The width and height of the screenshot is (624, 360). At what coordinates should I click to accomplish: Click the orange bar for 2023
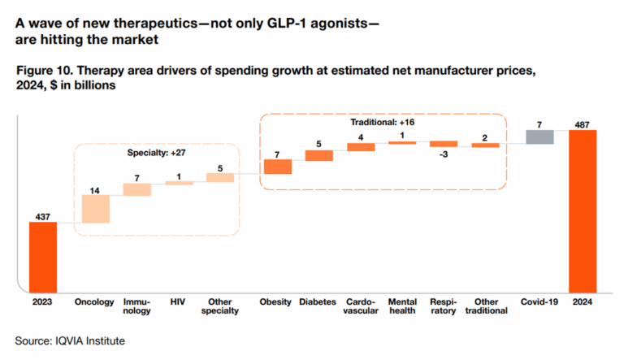43,256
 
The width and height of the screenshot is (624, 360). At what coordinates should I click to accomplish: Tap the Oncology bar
95,209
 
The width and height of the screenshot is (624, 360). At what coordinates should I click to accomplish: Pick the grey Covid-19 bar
539,137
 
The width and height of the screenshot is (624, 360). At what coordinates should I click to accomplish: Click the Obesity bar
277,167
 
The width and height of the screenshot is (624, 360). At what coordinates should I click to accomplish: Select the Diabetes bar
318,155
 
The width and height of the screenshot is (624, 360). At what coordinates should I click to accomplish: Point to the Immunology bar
136,189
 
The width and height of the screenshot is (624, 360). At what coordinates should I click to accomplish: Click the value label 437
43,216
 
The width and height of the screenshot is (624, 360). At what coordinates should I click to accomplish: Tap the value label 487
583,124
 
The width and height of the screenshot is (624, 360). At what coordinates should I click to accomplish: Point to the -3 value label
444,153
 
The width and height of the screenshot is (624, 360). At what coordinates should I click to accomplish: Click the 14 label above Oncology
95,190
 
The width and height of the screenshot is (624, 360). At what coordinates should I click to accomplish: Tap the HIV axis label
178,301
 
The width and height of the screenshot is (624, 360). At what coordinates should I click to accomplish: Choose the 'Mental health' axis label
402,306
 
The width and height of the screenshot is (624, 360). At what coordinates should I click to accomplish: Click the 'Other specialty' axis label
219,306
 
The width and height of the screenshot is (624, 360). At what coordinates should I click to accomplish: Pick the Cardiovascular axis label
360,306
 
